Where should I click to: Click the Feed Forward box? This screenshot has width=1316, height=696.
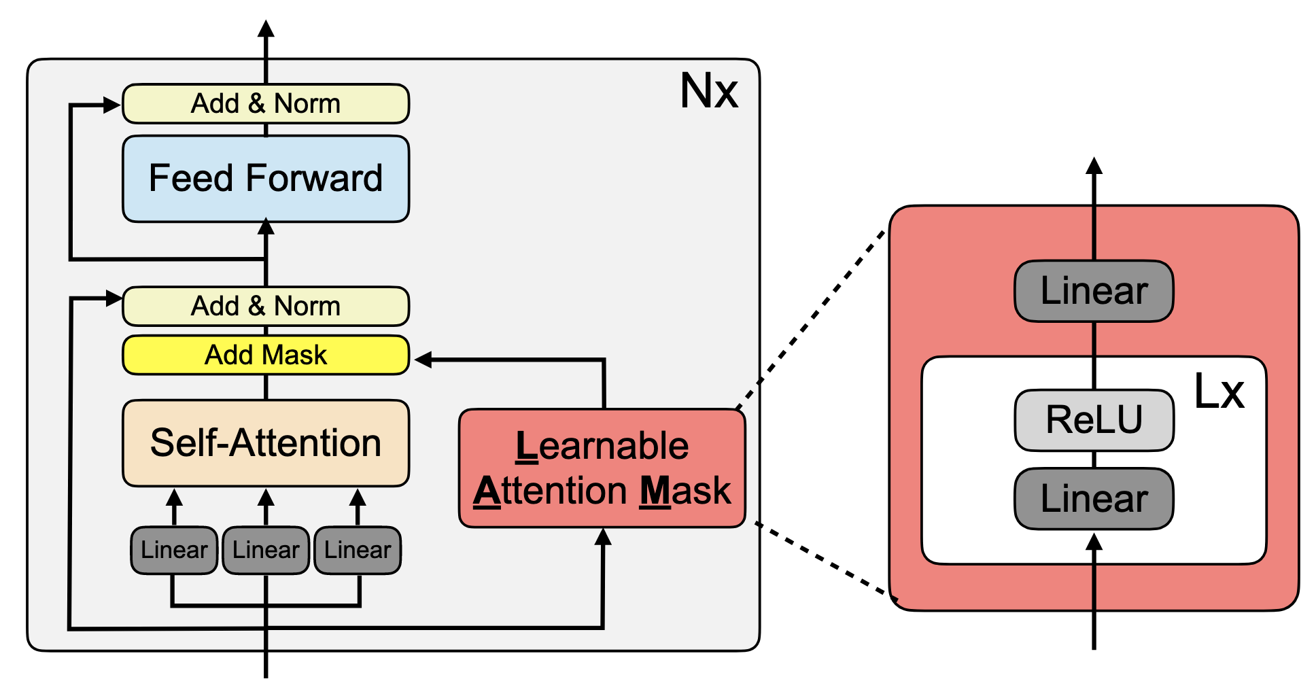tap(266, 179)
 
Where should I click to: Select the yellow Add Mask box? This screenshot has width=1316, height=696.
tap(266, 355)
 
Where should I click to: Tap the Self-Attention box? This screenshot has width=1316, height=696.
tap(266, 443)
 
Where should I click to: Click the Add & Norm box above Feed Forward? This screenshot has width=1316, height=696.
tap(266, 104)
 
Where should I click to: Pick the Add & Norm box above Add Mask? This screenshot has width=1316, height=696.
tap(266, 306)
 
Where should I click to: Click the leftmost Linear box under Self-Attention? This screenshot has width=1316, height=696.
tap(174, 550)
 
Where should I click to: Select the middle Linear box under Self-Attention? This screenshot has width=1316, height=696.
tap(266, 550)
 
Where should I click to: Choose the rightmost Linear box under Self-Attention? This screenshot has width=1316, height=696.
tap(358, 550)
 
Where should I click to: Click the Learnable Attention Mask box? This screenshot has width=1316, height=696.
tap(602, 468)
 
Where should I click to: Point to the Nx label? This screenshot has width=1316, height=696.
tap(709, 91)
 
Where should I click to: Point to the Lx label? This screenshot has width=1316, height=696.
tap(1219, 392)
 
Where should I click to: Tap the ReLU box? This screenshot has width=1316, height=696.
tap(1094, 420)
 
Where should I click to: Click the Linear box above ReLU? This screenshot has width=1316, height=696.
tap(1094, 291)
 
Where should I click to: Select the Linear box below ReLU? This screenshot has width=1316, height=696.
tap(1094, 499)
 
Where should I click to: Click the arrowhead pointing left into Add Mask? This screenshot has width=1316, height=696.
tap(423, 360)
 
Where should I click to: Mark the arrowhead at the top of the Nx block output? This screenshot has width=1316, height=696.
tap(266, 29)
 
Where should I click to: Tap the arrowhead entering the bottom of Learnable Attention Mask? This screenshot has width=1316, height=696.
tap(603, 538)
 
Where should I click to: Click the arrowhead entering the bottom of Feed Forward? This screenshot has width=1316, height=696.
tap(266, 226)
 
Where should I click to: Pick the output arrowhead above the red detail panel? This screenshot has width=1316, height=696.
tap(1094, 166)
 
